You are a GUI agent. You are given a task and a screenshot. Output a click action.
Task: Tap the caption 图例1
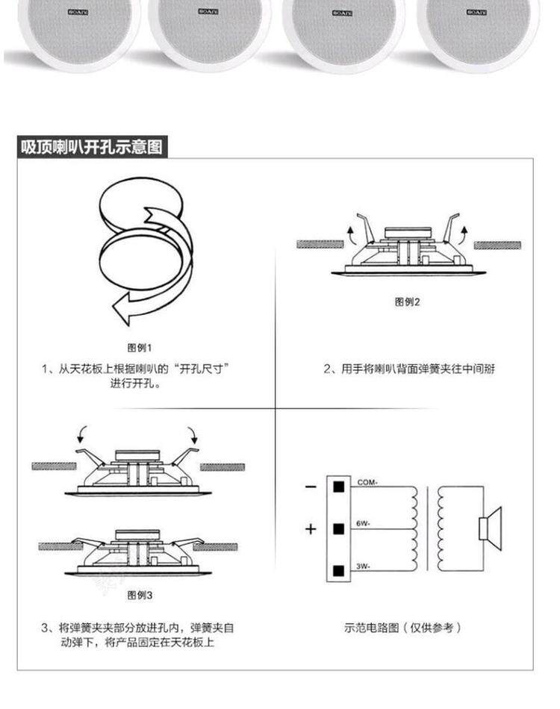pos(140,347)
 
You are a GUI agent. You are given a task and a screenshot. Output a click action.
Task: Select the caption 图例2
pos(408,302)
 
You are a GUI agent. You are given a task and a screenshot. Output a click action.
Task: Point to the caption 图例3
pos(140,595)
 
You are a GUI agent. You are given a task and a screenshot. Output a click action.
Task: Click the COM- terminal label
pos(367,482)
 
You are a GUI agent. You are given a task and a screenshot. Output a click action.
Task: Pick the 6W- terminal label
pos(364,525)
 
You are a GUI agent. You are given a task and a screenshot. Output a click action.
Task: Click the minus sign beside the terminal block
pos(311,487)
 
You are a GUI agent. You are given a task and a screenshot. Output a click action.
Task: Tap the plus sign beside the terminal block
pos(311,529)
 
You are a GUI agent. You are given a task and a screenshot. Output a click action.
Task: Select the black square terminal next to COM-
pos(338,487)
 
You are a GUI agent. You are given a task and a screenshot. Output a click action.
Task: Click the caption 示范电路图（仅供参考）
pos(402,628)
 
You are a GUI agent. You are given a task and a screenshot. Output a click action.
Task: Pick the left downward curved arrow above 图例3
pos(82,434)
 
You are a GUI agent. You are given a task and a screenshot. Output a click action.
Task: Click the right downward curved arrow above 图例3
pos(194,434)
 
